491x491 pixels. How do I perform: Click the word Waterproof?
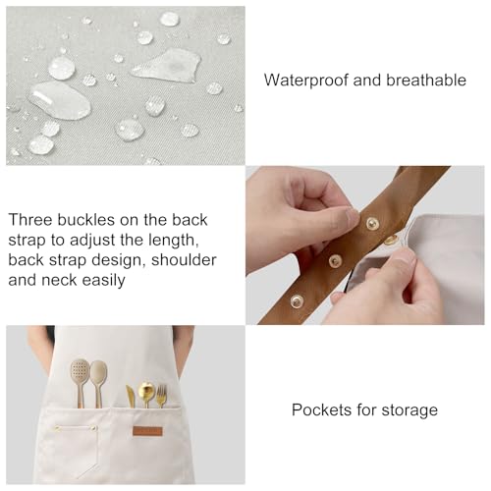(306, 81)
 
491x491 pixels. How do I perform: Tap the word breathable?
(426, 81)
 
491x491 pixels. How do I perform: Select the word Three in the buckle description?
(29, 219)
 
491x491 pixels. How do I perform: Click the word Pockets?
(321, 409)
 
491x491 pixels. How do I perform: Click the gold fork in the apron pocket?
(161, 396)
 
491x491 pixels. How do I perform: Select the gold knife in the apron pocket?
(131, 397)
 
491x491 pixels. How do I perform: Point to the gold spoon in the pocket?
(146, 394)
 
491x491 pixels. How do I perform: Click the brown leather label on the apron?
(147, 431)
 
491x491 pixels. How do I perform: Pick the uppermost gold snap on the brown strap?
(372, 223)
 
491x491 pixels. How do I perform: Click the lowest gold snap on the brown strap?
(297, 300)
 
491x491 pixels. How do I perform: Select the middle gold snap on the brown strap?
(335, 261)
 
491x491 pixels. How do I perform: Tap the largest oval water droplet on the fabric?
(59, 100)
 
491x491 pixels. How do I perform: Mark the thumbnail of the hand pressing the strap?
(353, 217)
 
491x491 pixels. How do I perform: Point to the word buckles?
(85, 219)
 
